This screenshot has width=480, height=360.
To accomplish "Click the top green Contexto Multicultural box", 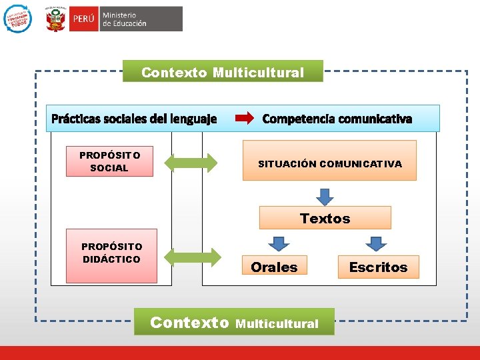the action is click(223, 71).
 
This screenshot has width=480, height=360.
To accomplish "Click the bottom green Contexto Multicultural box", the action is click(234, 322).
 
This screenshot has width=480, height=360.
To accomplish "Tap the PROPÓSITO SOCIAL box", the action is click(109, 161).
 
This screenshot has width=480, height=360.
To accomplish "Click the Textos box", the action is click(325, 218).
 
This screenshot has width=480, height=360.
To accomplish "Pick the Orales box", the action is click(274, 266).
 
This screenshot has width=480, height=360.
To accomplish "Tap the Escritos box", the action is click(378, 266).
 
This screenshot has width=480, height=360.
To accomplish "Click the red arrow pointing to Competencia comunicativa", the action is click(245, 119).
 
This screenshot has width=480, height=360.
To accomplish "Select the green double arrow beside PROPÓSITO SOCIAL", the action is click(191, 162).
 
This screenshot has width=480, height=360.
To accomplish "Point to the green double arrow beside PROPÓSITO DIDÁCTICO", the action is click(193, 257).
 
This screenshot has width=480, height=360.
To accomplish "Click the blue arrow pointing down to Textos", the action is click(325, 196).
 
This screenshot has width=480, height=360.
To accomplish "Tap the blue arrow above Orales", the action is click(279, 243).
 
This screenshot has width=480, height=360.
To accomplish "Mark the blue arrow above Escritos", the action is click(377, 243).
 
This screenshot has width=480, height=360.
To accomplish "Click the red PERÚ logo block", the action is click(83, 19).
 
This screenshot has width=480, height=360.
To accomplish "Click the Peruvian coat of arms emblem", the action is click(55, 19).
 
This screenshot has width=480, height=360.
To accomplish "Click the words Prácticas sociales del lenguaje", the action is click(134, 119).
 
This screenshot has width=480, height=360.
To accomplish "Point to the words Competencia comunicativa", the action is click(337, 119).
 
